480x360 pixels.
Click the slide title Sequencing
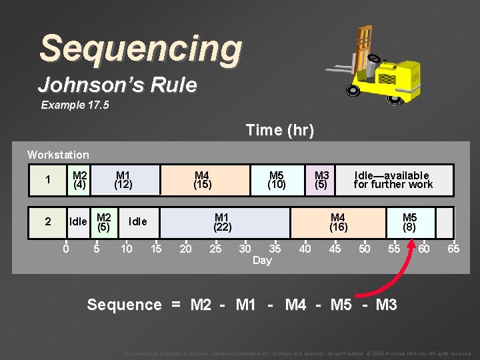coord(141,49)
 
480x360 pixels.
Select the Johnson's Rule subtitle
coord(117,85)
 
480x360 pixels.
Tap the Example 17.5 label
coord(73,105)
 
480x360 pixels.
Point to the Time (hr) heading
coord(279,130)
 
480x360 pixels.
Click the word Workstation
coord(58,155)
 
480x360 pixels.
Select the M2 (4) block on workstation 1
coord(79,180)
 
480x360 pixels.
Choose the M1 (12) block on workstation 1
coord(123,180)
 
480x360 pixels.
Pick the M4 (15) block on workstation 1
coord(202,180)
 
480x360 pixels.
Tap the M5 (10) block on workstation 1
coord(277,180)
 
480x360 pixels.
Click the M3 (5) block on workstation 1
coord(321,180)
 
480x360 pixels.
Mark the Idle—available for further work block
coord(393,180)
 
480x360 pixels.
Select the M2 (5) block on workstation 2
coord(103,222)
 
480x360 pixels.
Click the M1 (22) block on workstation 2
coord(222,222)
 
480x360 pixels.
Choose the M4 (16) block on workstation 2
coord(338,222)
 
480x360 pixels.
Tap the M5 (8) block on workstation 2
coord(410,222)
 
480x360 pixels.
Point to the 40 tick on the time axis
coord(305,249)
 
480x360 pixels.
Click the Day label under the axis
coord(262,261)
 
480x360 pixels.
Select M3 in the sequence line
coord(387,305)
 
